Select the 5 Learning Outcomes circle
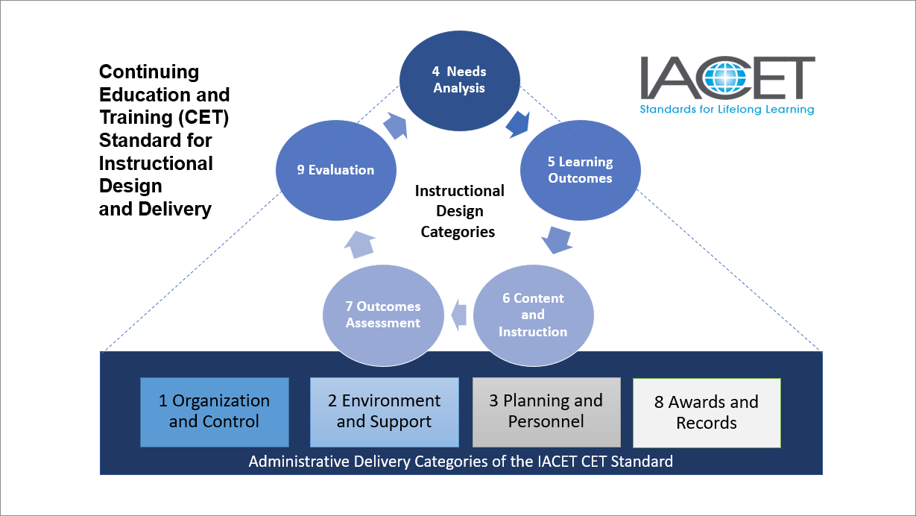pyautogui.click(x=579, y=170)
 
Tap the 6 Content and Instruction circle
pyautogui.click(x=533, y=315)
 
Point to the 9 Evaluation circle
pyautogui.click(x=335, y=170)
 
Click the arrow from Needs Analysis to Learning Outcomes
pyautogui.click(x=517, y=123)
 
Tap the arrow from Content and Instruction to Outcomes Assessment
pyautogui.click(x=458, y=313)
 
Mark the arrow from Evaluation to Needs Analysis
pyautogui.click(x=397, y=125)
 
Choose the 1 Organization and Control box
pyautogui.click(x=214, y=412)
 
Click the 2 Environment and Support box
pyautogui.click(x=384, y=412)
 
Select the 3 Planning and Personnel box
pyautogui.click(x=546, y=412)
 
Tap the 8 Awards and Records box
pyautogui.click(x=706, y=412)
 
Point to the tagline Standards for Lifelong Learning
pyautogui.click(x=727, y=110)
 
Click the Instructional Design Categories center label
pyautogui.click(x=458, y=211)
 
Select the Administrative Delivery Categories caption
pyautogui.click(x=461, y=461)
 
